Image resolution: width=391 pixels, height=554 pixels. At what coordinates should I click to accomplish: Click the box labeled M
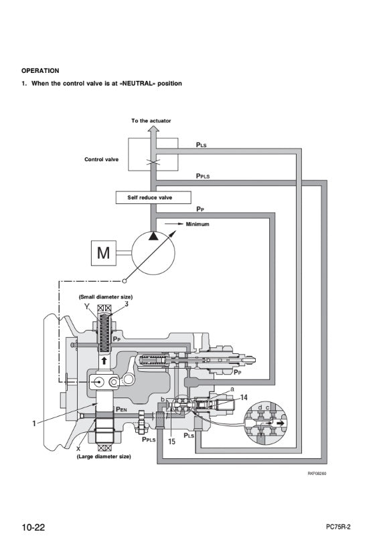(x=104, y=253)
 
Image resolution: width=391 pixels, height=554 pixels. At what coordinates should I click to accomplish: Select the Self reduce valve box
(x=153, y=197)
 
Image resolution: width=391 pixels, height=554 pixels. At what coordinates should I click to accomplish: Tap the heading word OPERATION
(x=40, y=71)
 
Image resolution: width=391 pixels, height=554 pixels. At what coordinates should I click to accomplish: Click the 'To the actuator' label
(x=151, y=121)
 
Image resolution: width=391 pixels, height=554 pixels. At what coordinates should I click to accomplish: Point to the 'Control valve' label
(x=102, y=159)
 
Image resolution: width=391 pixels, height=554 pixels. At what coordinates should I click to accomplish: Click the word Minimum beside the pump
(x=198, y=224)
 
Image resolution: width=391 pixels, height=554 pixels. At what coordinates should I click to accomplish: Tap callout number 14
(x=244, y=398)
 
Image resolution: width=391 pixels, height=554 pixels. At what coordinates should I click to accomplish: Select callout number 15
(x=171, y=442)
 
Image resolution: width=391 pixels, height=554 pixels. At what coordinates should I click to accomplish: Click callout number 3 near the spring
(x=127, y=304)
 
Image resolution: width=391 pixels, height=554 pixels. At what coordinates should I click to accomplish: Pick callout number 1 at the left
(x=34, y=424)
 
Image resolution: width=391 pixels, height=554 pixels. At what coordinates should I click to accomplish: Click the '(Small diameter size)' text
(x=106, y=297)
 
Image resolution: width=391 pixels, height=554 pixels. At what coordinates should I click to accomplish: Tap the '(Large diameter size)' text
(x=104, y=456)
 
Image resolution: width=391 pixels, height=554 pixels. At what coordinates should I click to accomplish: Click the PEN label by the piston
(x=121, y=409)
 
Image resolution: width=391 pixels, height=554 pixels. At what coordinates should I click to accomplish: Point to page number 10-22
(x=33, y=527)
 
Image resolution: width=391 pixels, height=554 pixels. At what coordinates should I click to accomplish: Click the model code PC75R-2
(x=338, y=527)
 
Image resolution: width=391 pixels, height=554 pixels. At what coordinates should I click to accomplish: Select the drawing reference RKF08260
(x=317, y=474)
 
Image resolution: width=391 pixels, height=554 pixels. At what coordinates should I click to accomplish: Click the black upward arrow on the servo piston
(x=104, y=361)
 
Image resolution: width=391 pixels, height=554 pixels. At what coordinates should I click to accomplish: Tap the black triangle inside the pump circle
(x=153, y=236)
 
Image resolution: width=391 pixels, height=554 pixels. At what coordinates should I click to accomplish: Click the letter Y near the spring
(x=87, y=306)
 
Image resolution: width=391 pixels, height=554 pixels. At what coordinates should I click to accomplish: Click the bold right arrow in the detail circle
(x=281, y=423)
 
